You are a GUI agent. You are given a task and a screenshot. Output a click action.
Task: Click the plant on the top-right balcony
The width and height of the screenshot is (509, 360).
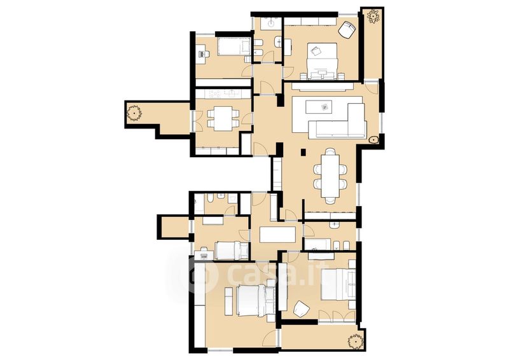pos(374,17)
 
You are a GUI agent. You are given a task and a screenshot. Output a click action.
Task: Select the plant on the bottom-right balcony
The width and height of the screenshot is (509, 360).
pos(355,342)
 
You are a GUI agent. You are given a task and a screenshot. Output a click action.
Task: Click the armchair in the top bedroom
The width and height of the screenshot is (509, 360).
pos(347,29)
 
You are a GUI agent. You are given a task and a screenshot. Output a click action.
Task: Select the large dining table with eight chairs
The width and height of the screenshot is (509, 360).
pos(330,176)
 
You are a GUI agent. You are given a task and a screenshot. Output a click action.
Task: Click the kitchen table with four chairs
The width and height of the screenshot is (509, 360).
pos(223,119)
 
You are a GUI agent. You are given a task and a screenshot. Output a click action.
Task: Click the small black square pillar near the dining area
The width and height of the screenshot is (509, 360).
pos(303,151)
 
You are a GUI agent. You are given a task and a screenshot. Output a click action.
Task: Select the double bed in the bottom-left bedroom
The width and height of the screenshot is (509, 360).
pos(255,300)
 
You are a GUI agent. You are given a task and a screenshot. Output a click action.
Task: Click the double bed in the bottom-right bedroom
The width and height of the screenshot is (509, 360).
pos(338,284)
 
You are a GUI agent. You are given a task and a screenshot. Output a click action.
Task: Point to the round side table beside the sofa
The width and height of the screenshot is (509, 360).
pos(374,139)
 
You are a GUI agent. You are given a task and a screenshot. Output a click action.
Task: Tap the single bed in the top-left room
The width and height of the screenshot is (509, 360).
pos(234,46)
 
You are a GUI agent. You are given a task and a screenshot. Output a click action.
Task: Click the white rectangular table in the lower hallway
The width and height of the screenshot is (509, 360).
pos(278,234)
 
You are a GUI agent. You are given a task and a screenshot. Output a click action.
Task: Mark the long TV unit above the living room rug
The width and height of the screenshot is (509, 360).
pos(323,87)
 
